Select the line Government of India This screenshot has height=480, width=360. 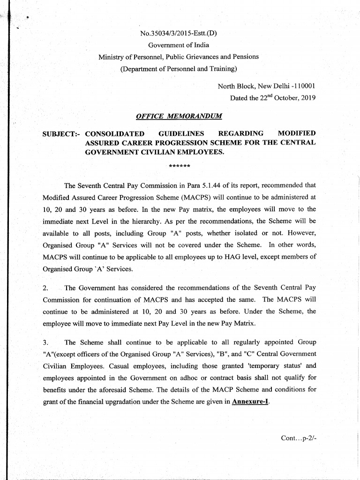click(x=179, y=45)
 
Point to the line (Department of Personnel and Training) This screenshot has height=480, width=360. click(x=179, y=69)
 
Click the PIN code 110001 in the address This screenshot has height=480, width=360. click(x=304, y=86)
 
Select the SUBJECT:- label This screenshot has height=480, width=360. click(x=62, y=134)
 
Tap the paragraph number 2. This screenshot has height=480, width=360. click(x=45, y=287)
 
